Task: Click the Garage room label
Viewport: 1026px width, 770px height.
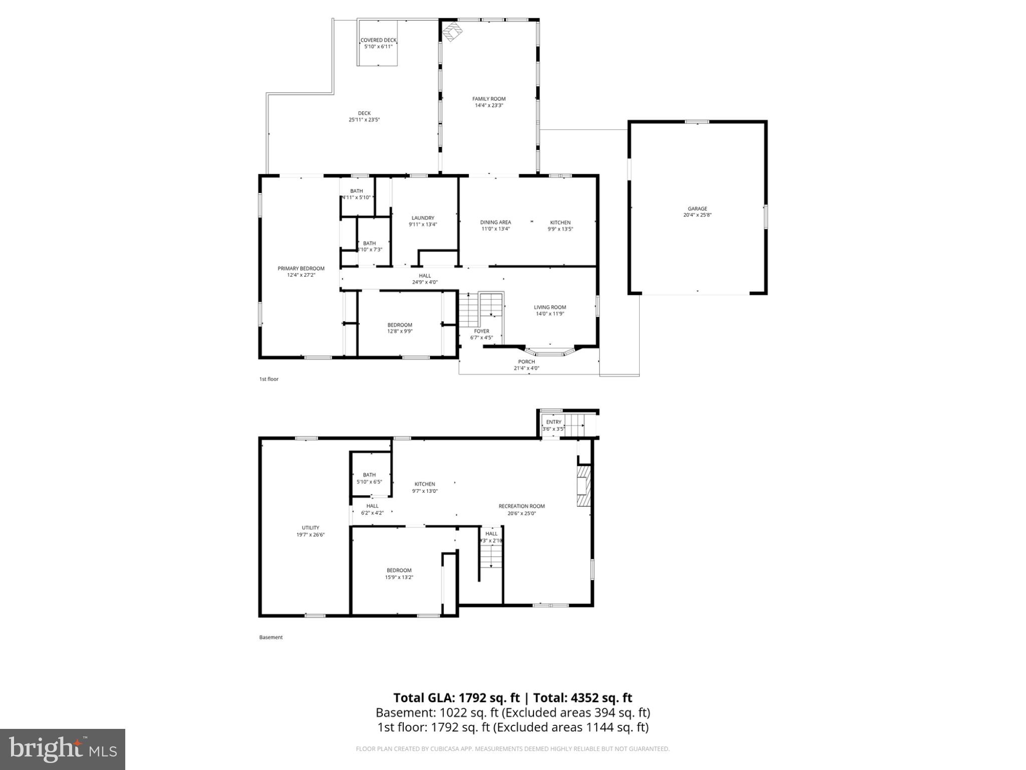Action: (x=697, y=209)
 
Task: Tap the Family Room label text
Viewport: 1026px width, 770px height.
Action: (x=488, y=99)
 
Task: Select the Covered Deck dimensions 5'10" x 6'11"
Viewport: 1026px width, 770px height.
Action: (x=378, y=47)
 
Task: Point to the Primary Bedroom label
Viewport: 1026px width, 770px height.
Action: (x=301, y=268)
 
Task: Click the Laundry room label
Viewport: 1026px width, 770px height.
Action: (x=423, y=218)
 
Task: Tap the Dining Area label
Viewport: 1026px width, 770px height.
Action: (x=495, y=222)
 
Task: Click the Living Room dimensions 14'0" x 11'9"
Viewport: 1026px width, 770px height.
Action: (x=550, y=314)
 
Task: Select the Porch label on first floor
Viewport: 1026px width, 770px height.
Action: (x=526, y=361)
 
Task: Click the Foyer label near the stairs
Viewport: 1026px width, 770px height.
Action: (x=481, y=331)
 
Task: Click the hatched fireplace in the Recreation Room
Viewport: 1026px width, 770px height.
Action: (x=584, y=487)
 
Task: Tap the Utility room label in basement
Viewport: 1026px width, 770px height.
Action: (x=310, y=527)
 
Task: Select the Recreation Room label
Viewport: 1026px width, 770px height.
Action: (x=522, y=506)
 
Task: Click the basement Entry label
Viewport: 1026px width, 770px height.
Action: (x=554, y=422)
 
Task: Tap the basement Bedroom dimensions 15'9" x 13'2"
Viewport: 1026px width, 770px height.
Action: (x=399, y=577)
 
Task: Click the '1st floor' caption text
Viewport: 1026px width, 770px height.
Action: (x=269, y=379)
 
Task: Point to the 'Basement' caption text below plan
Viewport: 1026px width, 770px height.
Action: (x=271, y=637)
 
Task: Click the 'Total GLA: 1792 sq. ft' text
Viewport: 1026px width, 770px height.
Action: (x=456, y=698)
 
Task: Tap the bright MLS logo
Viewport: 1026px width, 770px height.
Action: (x=63, y=749)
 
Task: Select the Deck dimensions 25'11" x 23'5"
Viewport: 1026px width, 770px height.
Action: (x=364, y=120)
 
